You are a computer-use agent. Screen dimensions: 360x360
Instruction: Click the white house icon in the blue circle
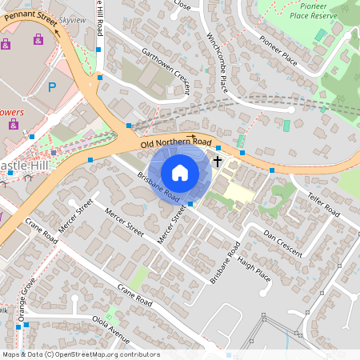tap(180, 172)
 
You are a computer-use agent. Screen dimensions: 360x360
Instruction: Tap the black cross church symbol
tap(216, 161)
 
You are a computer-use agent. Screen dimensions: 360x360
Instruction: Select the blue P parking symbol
tap(53, 87)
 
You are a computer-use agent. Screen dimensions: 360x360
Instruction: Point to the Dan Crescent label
tap(282, 242)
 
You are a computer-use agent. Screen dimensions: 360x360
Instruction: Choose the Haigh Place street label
tap(254, 267)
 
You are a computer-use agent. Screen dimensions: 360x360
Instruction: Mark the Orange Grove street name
tap(26, 300)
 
